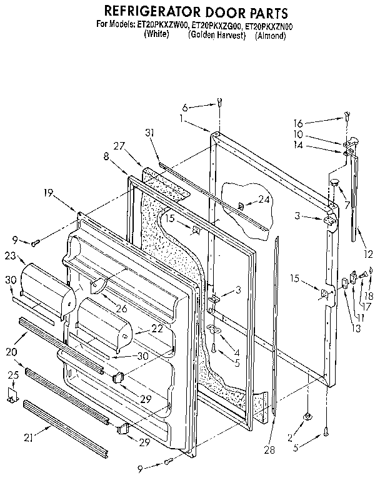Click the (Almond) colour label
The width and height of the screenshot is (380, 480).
pos(270,36)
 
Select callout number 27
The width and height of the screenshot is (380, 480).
pos(119,145)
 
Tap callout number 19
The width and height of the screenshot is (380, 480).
pos(49,195)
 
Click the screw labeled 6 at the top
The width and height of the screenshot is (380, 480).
pos(221,103)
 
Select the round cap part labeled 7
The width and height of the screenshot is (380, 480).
pos(335,182)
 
